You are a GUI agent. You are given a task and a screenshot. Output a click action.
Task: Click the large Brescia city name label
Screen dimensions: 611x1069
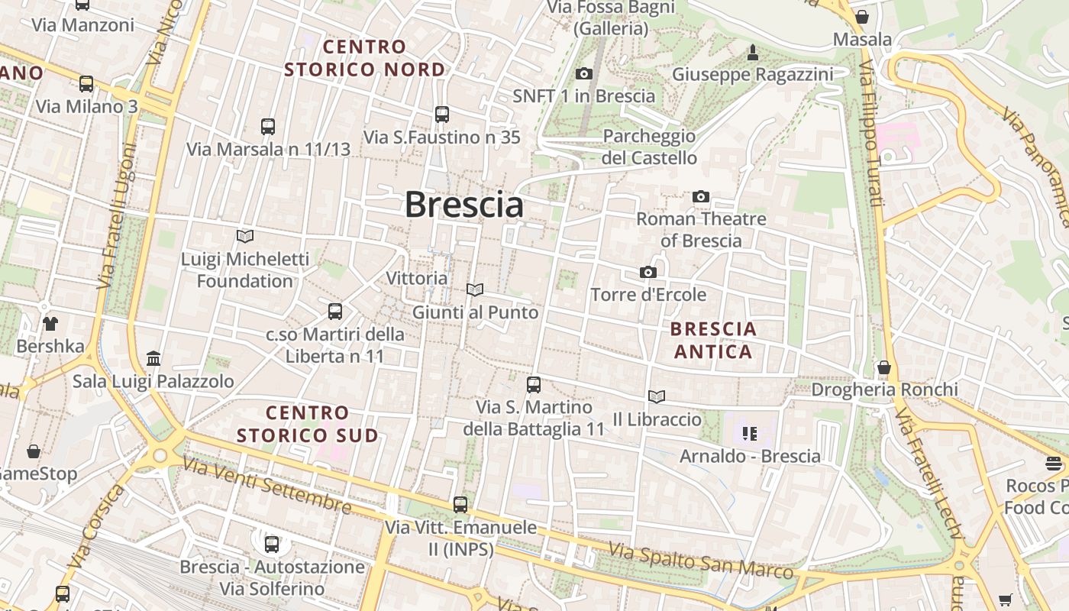click(x=463, y=205)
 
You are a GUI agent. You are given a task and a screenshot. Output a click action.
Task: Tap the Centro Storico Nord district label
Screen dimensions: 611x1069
click(x=364, y=58)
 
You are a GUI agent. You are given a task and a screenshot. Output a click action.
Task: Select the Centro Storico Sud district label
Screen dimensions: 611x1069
click(x=307, y=425)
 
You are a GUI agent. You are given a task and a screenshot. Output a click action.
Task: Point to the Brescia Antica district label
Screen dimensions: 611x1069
click(x=713, y=341)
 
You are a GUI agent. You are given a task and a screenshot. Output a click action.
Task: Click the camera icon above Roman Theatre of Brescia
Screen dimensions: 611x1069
click(x=701, y=197)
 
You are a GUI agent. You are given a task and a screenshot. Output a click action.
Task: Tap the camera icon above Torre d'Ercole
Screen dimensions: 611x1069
click(x=648, y=273)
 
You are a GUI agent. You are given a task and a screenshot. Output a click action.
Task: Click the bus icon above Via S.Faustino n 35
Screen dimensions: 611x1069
click(x=441, y=115)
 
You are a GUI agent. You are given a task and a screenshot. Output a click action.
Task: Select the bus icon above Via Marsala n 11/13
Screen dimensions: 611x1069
click(x=267, y=127)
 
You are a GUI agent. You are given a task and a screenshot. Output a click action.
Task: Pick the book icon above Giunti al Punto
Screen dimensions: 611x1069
click(x=475, y=290)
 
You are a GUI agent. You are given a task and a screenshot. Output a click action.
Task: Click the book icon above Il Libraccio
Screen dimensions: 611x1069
click(x=657, y=397)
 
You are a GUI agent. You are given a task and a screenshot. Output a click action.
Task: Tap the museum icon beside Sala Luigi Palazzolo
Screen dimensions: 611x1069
click(x=153, y=358)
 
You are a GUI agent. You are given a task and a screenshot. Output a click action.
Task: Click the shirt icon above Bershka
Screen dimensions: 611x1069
click(x=50, y=324)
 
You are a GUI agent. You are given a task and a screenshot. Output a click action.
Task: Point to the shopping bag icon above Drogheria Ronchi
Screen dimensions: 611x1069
click(x=884, y=367)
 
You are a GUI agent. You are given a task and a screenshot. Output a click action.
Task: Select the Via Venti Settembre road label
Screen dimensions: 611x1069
click(x=267, y=486)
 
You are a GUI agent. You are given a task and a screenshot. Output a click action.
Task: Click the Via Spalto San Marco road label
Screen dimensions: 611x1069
click(x=700, y=561)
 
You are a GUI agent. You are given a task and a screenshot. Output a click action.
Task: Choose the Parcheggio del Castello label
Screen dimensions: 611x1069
click(x=649, y=147)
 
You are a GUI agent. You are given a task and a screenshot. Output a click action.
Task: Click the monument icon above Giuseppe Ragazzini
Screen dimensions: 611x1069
click(x=753, y=52)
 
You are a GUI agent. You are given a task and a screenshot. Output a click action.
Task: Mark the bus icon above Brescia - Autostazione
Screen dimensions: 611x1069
click(x=272, y=545)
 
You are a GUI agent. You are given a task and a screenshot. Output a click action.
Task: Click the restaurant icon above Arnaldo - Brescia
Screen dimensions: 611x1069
click(x=750, y=434)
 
